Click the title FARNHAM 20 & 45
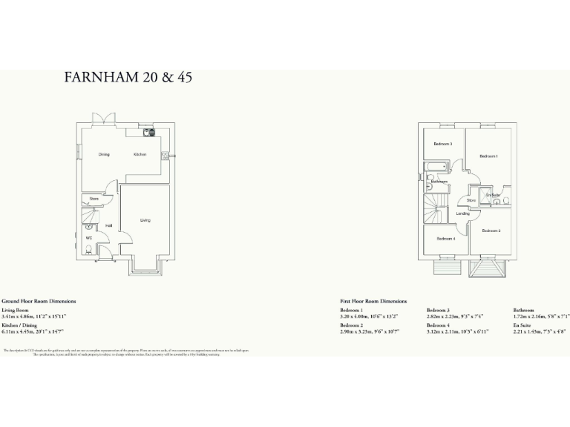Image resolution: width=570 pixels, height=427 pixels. [128, 77]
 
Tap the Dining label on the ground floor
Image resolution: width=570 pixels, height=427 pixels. [104, 154]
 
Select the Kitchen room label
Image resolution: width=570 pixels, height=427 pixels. [140, 154]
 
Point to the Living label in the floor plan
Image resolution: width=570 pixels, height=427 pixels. [145, 220]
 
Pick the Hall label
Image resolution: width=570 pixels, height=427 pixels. [108, 226]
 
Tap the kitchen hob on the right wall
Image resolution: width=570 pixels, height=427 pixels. [165, 156]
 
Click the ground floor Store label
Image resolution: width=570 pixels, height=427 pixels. [94, 199]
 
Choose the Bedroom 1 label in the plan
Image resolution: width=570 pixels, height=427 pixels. [488, 156]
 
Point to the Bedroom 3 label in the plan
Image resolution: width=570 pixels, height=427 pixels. [443, 143]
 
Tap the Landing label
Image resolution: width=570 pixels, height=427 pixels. [462, 213]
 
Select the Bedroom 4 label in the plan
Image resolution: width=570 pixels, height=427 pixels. [445, 239]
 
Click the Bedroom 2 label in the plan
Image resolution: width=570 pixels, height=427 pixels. [491, 231]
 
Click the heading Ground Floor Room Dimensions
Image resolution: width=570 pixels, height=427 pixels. [39, 302]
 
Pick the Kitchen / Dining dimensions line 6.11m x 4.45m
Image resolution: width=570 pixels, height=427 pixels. [33, 331]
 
